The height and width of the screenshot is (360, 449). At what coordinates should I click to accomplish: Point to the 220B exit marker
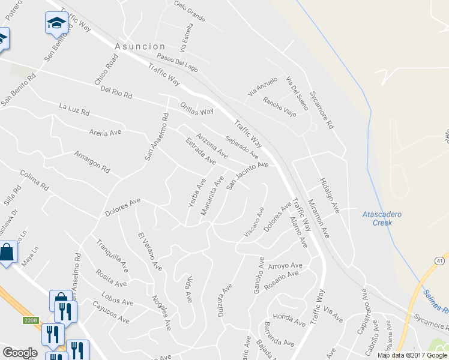tap(32, 320)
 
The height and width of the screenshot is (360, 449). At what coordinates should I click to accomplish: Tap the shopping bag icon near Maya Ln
tap(7, 253)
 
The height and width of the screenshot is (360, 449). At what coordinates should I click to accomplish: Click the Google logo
tap(20, 353)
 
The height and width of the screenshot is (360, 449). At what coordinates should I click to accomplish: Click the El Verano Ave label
tap(149, 250)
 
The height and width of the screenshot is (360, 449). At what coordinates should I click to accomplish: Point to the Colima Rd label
tap(34, 180)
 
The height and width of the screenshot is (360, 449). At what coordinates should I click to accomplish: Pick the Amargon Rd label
tap(92, 161)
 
